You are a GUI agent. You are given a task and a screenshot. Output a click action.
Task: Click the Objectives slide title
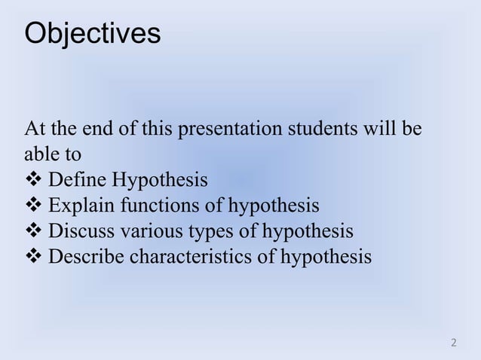tap(92, 34)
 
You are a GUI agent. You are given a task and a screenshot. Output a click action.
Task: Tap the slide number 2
tap(453, 344)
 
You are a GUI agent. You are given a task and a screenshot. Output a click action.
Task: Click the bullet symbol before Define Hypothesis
tap(33, 182)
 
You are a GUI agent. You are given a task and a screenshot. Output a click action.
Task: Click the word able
tap(40, 156)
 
